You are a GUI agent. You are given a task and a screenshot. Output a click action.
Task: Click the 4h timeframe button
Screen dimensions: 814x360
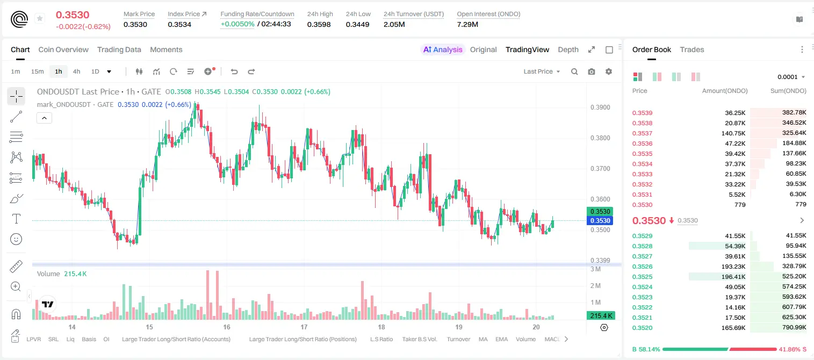click(x=76, y=71)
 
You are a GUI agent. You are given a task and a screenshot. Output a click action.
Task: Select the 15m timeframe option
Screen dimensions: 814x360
click(x=38, y=71)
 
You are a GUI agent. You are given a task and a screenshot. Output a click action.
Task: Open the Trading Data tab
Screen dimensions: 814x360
click(x=119, y=49)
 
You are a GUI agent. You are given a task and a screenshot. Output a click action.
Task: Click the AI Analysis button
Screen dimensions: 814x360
click(x=443, y=49)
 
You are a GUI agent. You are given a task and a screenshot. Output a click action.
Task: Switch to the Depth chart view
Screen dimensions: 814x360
click(x=568, y=49)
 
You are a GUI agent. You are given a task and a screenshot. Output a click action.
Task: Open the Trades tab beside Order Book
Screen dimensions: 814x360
click(x=692, y=49)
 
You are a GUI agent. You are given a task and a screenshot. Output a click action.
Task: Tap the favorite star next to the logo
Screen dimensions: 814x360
click(x=40, y=18)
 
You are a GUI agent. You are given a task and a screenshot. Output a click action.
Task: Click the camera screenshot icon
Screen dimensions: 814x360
click(x=592, y=71)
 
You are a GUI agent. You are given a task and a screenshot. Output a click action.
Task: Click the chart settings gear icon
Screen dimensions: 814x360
click(x=609, y=71)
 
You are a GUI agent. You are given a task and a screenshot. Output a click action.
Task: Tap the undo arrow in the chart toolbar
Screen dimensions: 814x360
click(x=234, y=71)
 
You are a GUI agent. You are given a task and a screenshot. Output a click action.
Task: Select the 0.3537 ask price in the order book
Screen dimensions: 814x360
click(x=642, y=133)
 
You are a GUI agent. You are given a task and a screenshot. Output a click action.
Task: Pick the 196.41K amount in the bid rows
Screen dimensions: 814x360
click(x=733, y=277)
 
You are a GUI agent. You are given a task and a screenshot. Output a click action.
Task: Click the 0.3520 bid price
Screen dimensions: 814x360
click(x=642, y=328)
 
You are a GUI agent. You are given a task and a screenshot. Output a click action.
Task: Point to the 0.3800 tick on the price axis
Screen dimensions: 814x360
click(x=600, y=138)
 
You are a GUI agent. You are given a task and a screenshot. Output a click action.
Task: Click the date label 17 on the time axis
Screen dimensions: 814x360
click(x=304, y=327)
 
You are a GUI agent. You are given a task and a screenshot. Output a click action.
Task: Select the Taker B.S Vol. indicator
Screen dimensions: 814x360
click(x=419, y=339)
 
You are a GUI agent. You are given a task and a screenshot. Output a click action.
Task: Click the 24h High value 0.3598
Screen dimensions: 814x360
click(x=319, y=24)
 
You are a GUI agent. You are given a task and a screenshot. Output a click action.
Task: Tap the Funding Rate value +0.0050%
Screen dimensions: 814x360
click(x=237, y=24)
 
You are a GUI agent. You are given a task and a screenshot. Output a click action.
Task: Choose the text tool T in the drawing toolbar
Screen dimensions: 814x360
click(x=16, y=219)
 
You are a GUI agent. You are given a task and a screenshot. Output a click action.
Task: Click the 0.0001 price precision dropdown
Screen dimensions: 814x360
click(x=791, y=77)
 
